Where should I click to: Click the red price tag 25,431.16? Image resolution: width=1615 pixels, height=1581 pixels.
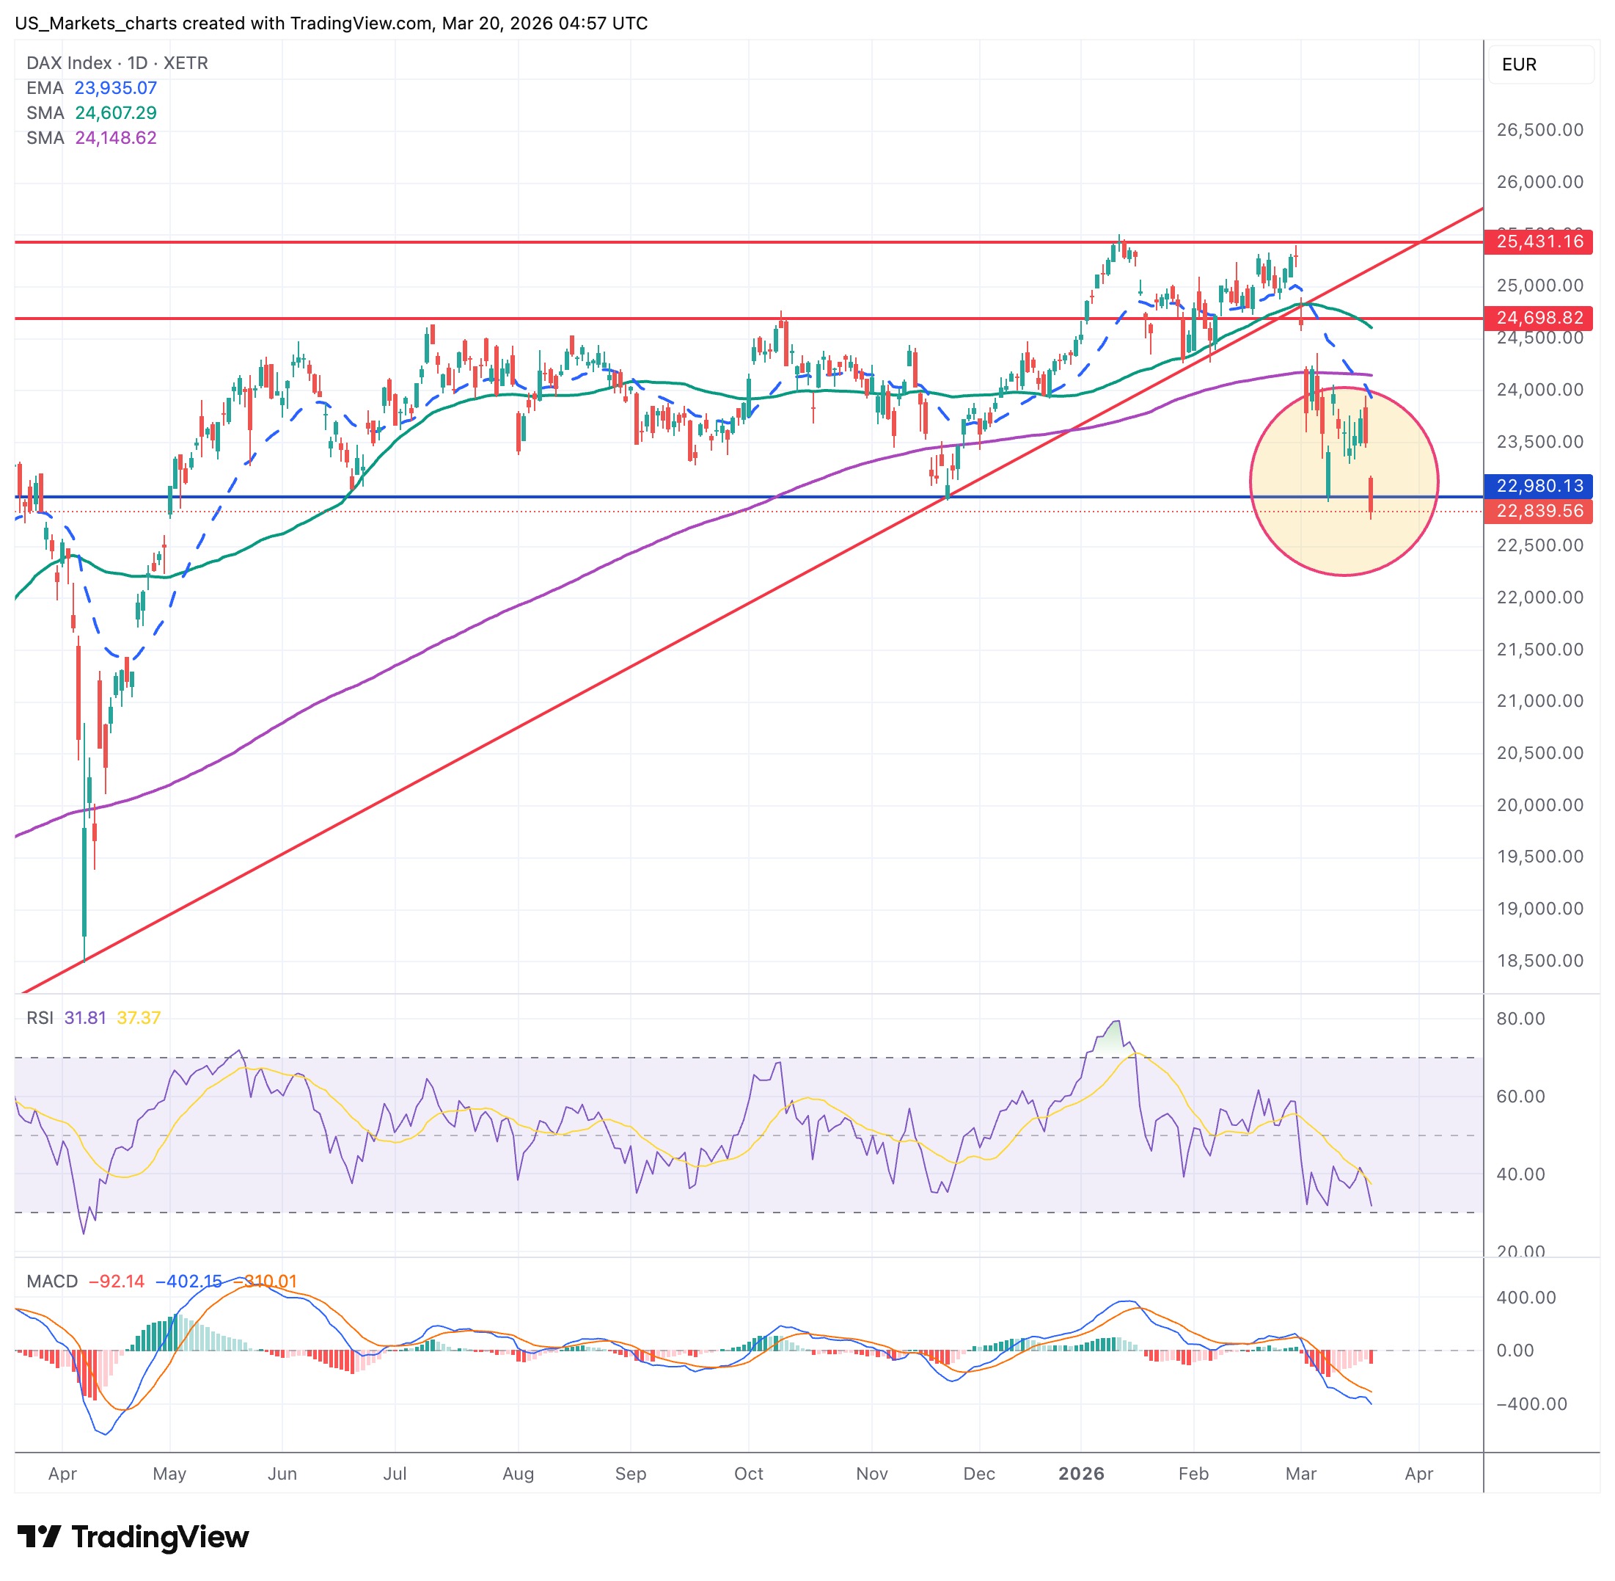click(x=1539, y=241)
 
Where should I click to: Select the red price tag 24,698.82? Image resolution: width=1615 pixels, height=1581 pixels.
click(x=1539, y=318)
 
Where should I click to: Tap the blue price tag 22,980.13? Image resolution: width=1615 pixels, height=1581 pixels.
click(x=1539, y=486)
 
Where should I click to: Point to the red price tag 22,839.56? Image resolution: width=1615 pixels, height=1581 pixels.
click(x=1539, y=512)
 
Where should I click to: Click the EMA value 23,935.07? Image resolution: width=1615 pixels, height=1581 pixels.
click(x=115, y=88)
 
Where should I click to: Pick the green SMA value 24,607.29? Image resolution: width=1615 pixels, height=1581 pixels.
click(x=115, y=113)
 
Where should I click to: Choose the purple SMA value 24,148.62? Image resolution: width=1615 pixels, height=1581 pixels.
click(x=115, y=138)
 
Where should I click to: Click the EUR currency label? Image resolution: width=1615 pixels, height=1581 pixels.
click(x=1519, y=65)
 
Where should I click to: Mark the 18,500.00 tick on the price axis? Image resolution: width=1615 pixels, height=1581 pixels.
click(x=1539, y=961)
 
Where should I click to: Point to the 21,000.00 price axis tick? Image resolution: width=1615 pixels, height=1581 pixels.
click(x=1539, y=701)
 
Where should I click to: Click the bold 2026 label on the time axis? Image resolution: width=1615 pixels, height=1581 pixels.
click(x=1081, y=1474)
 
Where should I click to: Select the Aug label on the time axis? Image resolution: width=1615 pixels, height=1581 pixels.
click(x=518, y=1474)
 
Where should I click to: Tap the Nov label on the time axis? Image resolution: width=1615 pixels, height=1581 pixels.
click(x=871, y=1474)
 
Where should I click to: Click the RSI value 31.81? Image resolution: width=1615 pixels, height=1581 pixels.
click(x=86, y=1018)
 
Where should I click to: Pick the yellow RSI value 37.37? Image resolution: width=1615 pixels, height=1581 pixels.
click(x=139, y=1018)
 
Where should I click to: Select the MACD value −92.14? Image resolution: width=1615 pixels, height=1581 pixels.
click(x=116, y=1282)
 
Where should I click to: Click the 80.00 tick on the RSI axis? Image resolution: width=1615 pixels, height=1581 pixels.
click(x=1520, y=1019)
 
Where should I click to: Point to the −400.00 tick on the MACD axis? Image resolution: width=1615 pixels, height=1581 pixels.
click(x=1531, y=1404)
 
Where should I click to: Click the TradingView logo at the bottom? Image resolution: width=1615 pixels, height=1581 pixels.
click(x=133, y=1537)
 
